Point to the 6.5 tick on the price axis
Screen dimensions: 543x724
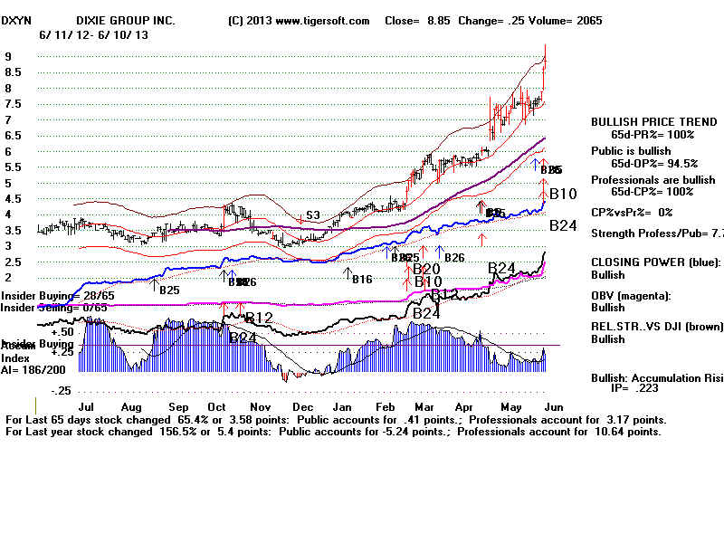[13, 135]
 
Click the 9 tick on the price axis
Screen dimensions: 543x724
[7, 56]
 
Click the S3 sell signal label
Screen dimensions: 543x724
[312, 215]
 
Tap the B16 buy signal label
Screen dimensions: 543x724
[362, 279]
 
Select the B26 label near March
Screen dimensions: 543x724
[454, 258]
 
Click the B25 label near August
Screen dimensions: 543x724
[169, 291]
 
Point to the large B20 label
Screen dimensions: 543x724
[426, 269]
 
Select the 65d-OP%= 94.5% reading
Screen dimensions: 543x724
[653, 164]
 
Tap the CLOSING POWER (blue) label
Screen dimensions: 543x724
[656, 262]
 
